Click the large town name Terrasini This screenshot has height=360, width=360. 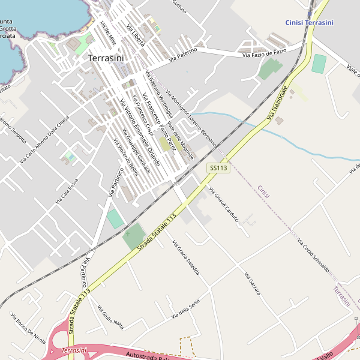106,58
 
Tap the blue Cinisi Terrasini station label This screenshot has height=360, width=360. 314,23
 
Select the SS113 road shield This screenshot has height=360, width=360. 219,169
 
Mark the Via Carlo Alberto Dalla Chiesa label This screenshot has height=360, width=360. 45,139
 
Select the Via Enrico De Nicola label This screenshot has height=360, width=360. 28,328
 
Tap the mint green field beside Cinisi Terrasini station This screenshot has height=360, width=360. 319,64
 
